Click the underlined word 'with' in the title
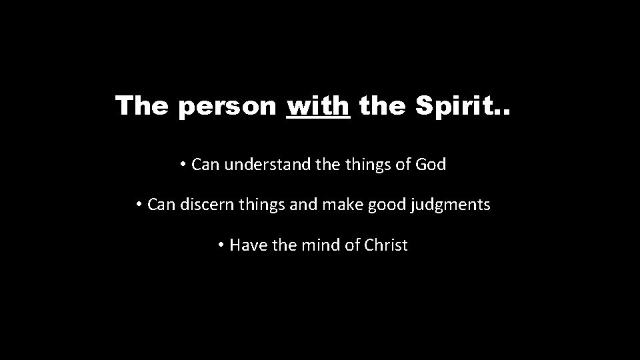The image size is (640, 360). click(x=317, y=105)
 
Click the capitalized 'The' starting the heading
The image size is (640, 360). click(x=143, y=105)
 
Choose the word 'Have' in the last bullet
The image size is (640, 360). click(x=247, y=245)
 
